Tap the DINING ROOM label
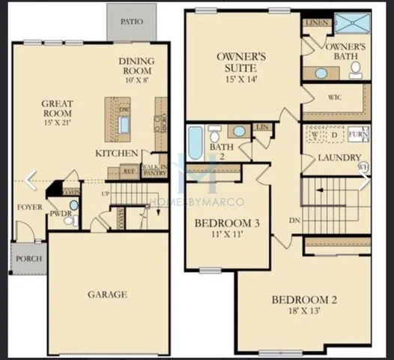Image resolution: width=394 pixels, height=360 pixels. coord(136,65)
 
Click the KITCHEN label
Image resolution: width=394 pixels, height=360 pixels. coord(116,154)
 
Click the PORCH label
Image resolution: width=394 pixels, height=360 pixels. coord(28,259)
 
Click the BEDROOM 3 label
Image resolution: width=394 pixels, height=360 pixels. coord(227,223)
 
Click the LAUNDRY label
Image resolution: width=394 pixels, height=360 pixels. coord(339,157)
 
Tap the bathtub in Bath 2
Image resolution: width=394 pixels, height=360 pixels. coord(195,142)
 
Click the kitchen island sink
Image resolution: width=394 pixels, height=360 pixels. coord(124,124)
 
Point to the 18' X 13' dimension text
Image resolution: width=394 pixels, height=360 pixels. coord(305,314)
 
